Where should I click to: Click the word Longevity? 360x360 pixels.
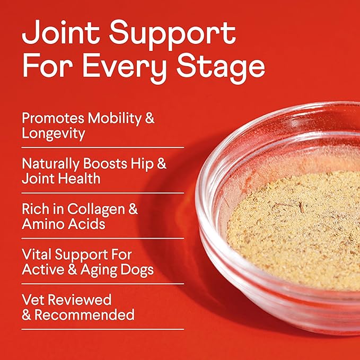[x=54, y=133]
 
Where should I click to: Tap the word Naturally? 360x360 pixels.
[x=50, y=163]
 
